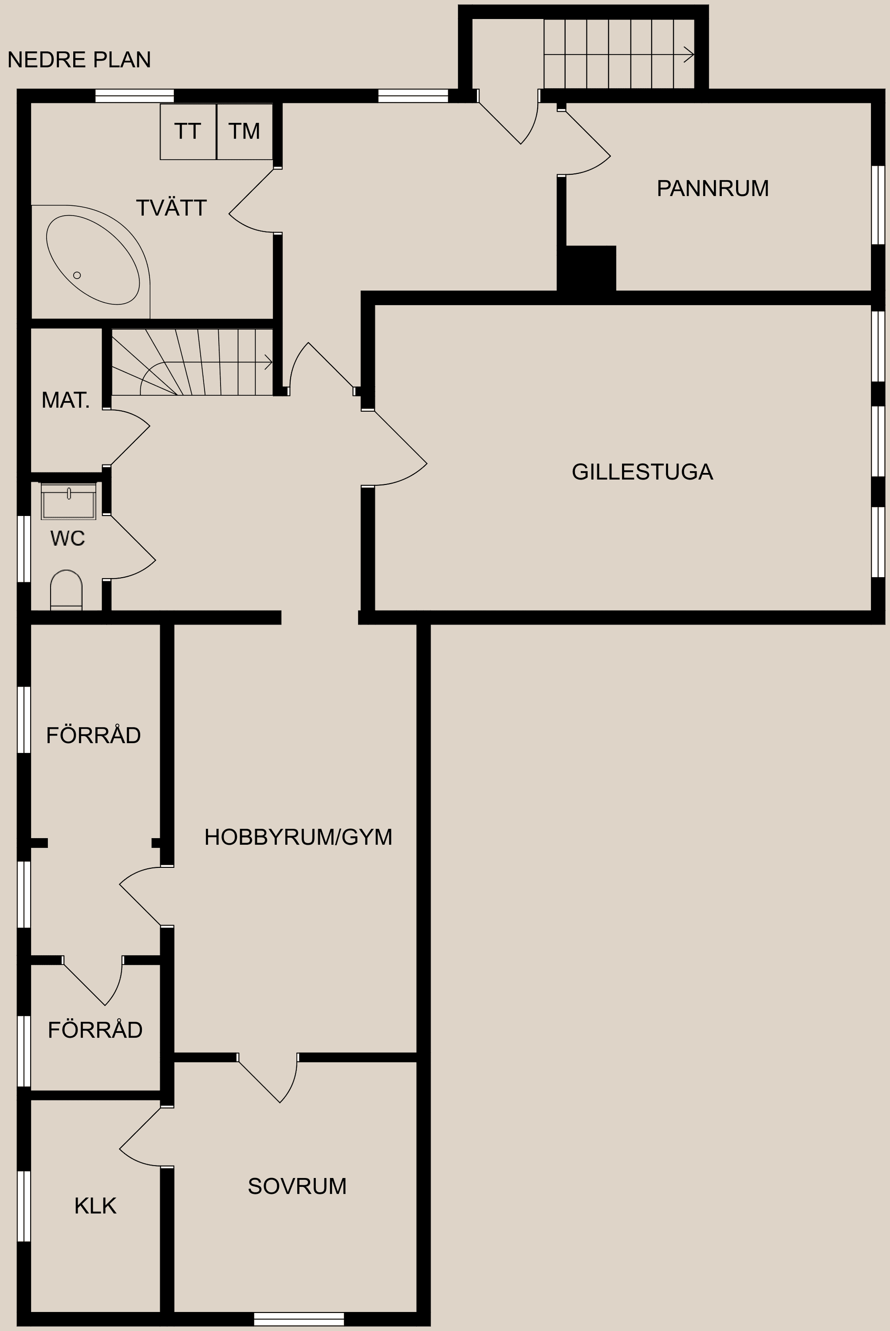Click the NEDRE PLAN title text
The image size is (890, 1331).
click(79, 60)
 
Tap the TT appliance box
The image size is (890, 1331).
click(188, 131)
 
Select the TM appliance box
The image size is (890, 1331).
click(245, 131)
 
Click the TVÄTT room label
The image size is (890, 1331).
click(171, 208)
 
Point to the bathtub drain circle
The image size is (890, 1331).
click(77, 275)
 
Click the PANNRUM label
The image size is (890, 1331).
click(712, 188)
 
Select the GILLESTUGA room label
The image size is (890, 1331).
click(642, 471)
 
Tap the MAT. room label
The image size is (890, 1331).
click(66, 400)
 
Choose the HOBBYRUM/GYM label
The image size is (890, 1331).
click(298, 837)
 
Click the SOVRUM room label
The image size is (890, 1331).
click(297, 1186)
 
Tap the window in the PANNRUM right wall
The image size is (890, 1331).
click(877, 205)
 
